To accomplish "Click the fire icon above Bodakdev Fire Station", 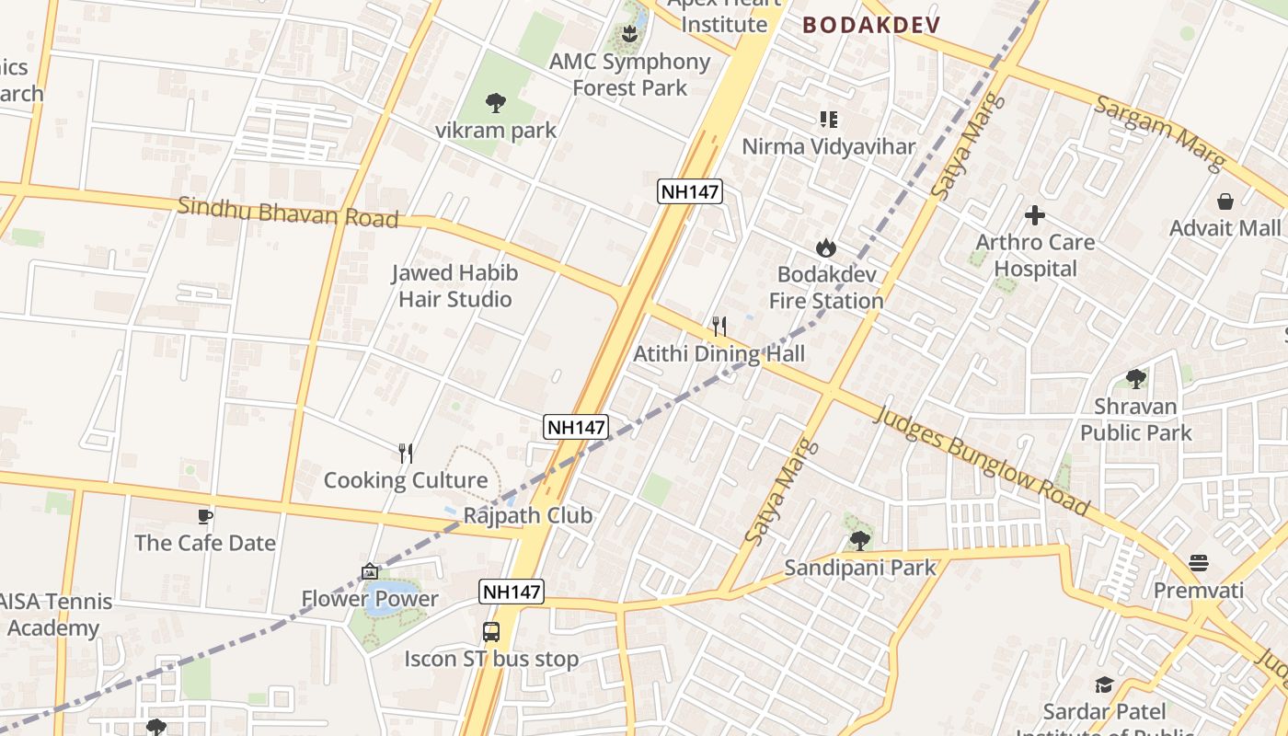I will (825, 247).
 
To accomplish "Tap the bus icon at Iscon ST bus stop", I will (491, 632).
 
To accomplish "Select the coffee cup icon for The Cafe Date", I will (205, 516).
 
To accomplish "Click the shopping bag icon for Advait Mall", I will (1225, 201).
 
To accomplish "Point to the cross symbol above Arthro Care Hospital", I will (1035, 215).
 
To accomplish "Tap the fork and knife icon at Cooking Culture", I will (406, 453).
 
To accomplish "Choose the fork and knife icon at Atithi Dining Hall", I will (719, 326).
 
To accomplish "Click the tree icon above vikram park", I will (496, 101).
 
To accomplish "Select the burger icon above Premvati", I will (1198, 562).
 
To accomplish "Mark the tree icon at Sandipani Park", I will (860, 540).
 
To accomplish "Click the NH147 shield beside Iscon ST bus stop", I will (512, 592).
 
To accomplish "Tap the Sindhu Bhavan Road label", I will (288, 213).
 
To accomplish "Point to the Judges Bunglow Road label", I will (983, 461).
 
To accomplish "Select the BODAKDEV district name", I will (871, 25).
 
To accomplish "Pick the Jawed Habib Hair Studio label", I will (454, 286).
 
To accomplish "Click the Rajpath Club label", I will (527, 515).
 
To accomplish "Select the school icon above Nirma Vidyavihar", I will (829, 119).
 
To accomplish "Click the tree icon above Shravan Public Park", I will (1136, 378).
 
